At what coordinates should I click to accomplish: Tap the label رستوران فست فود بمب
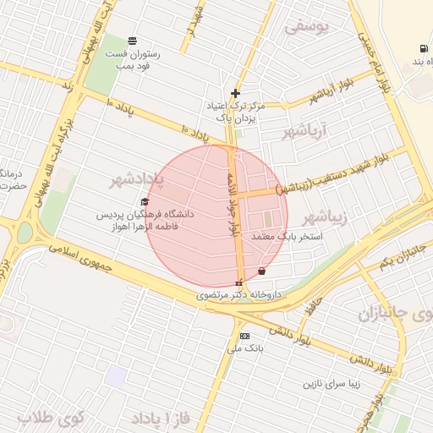tap(134, 59)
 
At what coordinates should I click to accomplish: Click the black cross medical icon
tap(235, 93)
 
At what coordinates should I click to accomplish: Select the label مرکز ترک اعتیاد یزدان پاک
tap(235, 112)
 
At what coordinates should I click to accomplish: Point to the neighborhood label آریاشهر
tap(324, 130)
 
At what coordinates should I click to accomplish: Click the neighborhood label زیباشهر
tap(325, 217)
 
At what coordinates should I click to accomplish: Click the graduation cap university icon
tap(145, 202)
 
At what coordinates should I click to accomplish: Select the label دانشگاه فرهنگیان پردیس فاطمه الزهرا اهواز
tap(145, 221)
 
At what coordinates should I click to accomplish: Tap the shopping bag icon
tap(260, 271)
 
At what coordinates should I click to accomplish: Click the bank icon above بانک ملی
tap(245, 336)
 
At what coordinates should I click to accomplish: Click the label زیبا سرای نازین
tap(334, 383)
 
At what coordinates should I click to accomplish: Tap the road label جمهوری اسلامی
tap(85, 259)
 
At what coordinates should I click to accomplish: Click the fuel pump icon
tap(421, 48)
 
